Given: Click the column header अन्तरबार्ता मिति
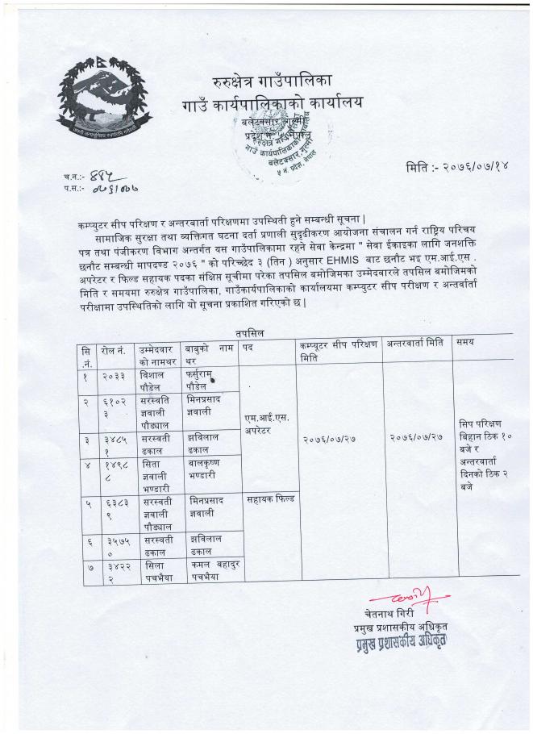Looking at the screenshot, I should (x=415, y=342).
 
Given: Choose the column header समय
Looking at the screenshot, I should (x=465, y=342).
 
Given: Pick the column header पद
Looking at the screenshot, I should (x=248, y=344).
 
